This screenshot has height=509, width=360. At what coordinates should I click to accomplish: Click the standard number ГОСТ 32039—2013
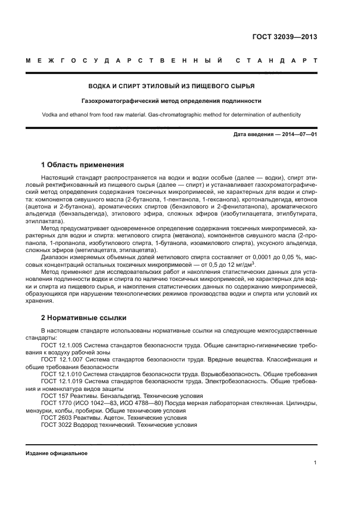285,38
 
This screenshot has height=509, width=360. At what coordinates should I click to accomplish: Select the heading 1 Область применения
83,164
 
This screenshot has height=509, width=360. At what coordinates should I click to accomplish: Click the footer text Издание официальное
57,453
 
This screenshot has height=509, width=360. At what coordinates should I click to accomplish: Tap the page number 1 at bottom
315,463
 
